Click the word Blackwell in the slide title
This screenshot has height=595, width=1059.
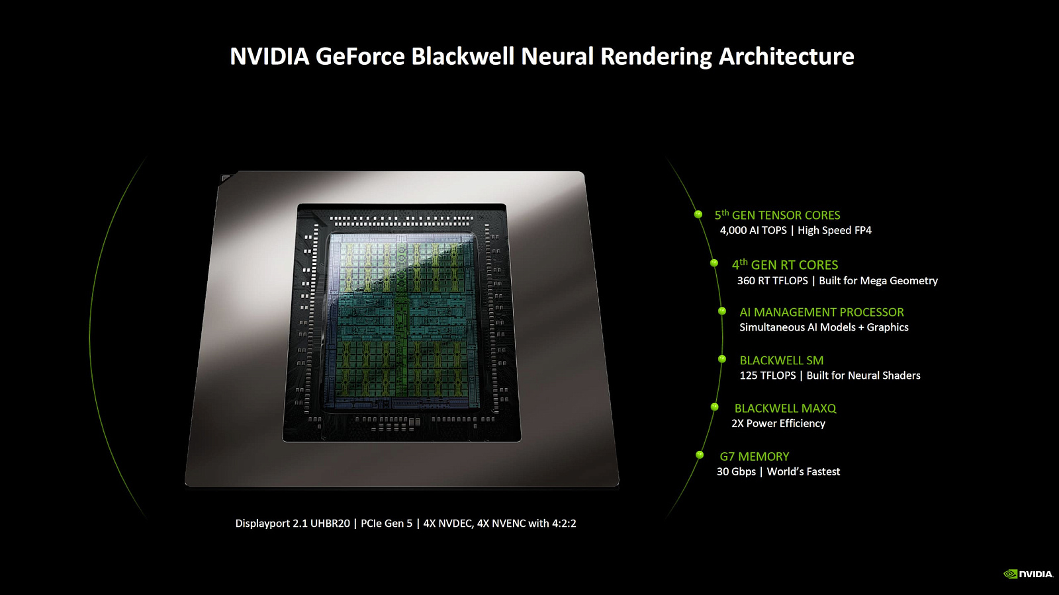pyautogui.click(x=462, y=56)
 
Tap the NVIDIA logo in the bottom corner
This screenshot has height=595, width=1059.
pyautogui.click(x=1029, y=574)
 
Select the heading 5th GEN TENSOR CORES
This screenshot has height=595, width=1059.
pyautogui.click(x=777, y=215)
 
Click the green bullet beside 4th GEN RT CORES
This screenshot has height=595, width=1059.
pyautogui.click(x=714, y=263)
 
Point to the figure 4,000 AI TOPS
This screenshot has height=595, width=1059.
pyautogui.click(x=753, y=231)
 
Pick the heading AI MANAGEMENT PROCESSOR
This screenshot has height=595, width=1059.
pyautogui.click(x=821, y=312)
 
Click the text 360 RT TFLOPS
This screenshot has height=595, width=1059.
pyautogui.click(x=772, y=280)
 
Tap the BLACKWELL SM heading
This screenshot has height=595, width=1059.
pyautogui.click(x=782, y=360)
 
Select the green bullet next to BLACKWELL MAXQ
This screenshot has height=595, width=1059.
pyautogui.click(x=714, y=407)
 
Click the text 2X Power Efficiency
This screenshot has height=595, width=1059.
pyautogui.click(x=778, y=423)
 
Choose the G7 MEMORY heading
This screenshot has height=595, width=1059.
pyautogui.click(x=754, y=456)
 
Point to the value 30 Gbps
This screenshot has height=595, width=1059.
pyautogui.click(x=736, y=472)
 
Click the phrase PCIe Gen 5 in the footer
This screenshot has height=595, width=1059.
pyautogui.click(x=387, y=523)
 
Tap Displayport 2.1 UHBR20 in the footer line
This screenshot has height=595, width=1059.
pyautogui.click(x=293, y=523)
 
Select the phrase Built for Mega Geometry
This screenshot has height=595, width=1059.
pyautogui.click(x=878, y=280)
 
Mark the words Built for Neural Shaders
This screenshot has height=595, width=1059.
pyautogui.click(x=863, y=376)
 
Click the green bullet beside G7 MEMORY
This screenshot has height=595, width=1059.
pyautogui.click(x=700, y=455)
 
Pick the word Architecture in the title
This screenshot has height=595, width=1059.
pyautogui.click(x=786, y=56)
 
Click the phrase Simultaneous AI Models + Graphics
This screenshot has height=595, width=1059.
pyautogui.click(x=824, y=327)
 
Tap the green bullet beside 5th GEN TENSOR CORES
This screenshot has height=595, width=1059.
pyautogui.click(x=698, y=214)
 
